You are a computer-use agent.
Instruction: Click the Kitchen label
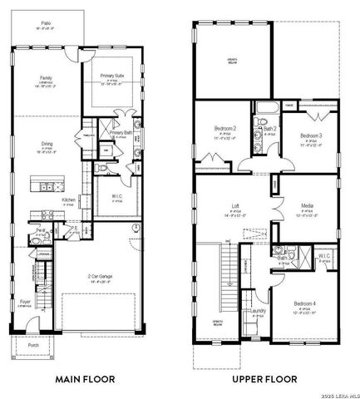(x=69, y=199)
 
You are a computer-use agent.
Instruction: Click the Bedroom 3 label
(x=310, y=135)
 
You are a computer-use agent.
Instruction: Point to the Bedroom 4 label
(x=303, y=306)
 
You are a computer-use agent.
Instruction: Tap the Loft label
(x=235, y=208)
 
